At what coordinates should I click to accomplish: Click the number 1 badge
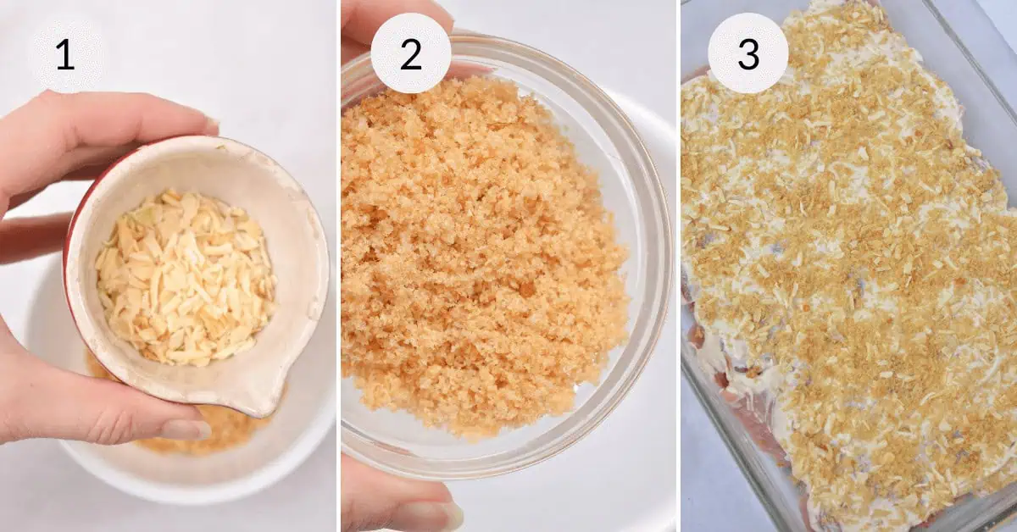click(66, 53)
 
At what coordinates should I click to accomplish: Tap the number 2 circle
click(411, 53)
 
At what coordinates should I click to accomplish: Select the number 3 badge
click(747, 53)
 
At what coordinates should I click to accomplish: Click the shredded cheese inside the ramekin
click(186, 277)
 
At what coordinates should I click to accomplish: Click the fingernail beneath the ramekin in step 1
click(187, 429)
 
